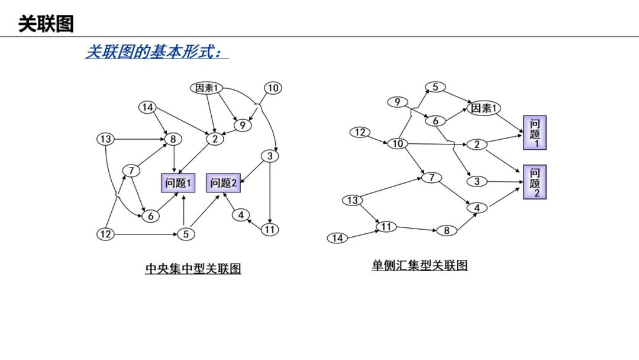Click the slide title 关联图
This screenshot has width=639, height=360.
[46, 24]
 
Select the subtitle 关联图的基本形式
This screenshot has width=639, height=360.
[157, 52]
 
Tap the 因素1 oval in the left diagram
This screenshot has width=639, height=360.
[207, 88]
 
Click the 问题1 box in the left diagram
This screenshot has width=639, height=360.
[178, 183]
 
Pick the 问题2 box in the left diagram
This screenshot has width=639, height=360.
[224, 183]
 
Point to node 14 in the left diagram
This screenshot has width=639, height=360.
[147, 107]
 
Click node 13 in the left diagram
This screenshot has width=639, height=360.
[105, 139]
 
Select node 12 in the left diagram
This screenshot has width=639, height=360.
[105, 234]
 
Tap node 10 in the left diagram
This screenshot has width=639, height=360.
[272, 88]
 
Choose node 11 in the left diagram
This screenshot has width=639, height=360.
[270, 230]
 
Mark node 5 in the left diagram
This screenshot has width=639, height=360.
[186, 234]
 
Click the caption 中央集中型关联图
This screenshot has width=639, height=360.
[193, 268]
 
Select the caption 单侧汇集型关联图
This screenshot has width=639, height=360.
[419, 265]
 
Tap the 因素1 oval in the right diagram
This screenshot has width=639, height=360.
[483, 108]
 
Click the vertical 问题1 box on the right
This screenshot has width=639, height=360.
[535, 132]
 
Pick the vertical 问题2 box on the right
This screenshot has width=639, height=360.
[535, 182]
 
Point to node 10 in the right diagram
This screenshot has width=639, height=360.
[397, 144]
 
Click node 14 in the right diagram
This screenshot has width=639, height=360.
[337, 238]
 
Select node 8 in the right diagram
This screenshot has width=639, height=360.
[447, 231]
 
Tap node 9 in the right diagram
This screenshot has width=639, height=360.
[398, 102]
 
